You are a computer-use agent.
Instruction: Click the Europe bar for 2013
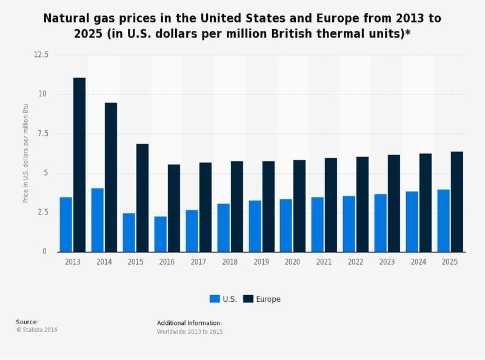(x=79, y=165)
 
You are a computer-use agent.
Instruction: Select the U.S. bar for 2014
(x=98, y=220)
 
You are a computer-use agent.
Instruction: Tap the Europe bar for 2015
(x=142, y=198)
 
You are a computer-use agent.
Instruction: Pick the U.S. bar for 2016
(x=161, y=234)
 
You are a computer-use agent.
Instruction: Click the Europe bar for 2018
(x=236, y=207)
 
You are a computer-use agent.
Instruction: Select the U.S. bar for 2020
(x=286, y=225)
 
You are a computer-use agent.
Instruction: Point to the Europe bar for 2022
(x=363, y=204)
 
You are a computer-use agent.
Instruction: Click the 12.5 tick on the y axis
(x=41, y=55)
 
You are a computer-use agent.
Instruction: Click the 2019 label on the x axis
(x=261, y=262)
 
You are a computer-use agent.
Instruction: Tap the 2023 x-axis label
(x=387, y=262)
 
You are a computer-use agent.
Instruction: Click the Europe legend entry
(x=262, y=299)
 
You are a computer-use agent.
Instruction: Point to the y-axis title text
(x=25, y=153)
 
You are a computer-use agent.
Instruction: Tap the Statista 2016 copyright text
(x=37, y=330)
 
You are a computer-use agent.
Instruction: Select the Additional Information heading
(x=189, y=323)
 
